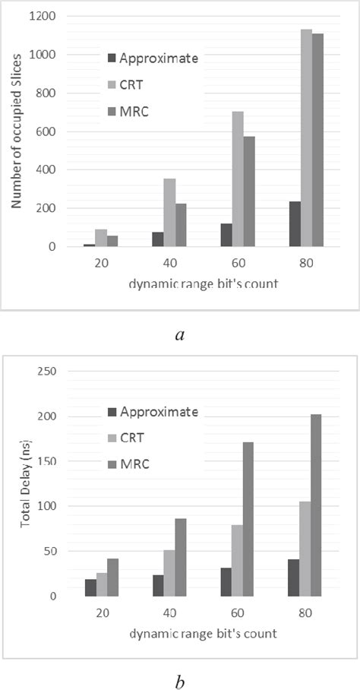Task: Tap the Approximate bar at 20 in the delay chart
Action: (x=90, y=587)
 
